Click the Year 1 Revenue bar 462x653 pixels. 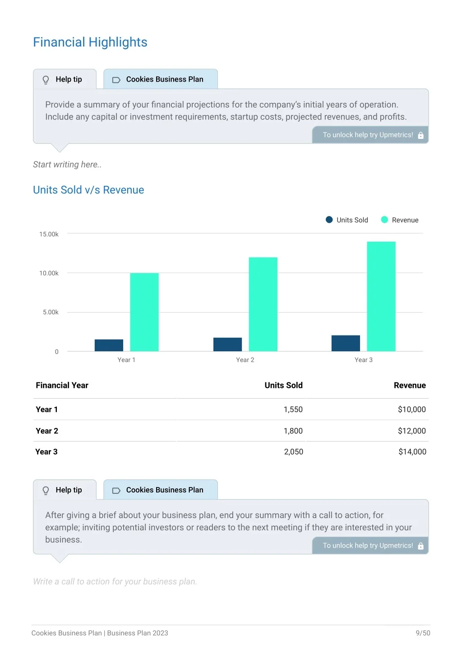tap(144, 312)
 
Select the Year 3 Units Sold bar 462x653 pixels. tap(346, 343)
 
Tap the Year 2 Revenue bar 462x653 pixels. tap(263, 304)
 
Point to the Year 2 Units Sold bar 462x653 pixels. tap(227, 344)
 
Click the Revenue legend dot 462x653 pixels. tap(384, 220)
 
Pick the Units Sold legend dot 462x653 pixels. tap(329, 220)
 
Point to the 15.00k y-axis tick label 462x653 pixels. tap(49, 234)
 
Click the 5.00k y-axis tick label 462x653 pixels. tap(51, 312)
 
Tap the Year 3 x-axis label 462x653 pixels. tap(363, 360)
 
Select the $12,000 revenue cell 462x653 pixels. tap(411, 431)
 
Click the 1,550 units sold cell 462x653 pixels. tap(293, 409)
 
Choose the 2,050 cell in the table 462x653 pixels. tap(293, 451)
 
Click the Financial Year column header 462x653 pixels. tap(62, 386)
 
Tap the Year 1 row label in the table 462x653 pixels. tap(46, 409)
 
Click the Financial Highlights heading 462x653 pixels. tap(90, 42)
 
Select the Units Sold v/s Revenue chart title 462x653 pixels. tap(88, 190)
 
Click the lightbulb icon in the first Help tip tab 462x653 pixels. tap(46, 80)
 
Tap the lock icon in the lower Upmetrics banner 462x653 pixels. tap(420, 546)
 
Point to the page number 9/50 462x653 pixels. tap(423, 633)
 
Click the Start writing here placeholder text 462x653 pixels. tap(67, 165)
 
